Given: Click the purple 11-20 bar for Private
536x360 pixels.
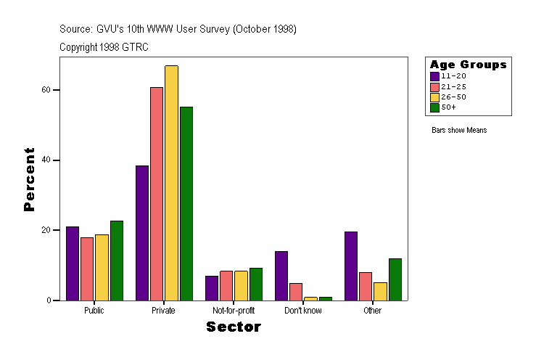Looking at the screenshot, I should coord(142,233).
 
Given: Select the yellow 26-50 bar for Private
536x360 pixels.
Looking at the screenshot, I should coord(171,183).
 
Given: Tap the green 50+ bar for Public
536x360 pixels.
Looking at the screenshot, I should coord(116,261).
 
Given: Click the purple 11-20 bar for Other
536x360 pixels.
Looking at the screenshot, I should coord(351,266).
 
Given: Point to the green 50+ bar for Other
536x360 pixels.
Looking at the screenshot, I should coord(395,279).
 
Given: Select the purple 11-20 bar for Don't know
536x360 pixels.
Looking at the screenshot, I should coord(281,276).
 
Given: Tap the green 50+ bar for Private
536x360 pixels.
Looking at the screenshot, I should coord(186,203).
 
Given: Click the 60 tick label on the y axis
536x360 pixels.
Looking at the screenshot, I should coord(46,90).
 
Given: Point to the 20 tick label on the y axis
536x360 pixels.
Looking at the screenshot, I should coord(46,230).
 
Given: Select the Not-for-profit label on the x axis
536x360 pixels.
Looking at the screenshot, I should coord(234,311).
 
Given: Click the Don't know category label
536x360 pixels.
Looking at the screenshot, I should coord(303,311).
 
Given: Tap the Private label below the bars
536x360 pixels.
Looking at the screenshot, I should coord(163,311).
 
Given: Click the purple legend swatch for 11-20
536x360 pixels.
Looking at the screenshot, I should coord(434,76).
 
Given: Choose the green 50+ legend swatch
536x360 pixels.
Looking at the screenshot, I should coord(434,107).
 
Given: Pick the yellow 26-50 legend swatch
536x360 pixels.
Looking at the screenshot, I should coord(434,97).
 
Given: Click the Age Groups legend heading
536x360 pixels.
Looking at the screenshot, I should coord(468,65).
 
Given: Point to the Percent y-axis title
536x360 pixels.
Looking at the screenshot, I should coord(29,179).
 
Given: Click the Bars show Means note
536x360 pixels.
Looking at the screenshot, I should coord(459,131).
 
